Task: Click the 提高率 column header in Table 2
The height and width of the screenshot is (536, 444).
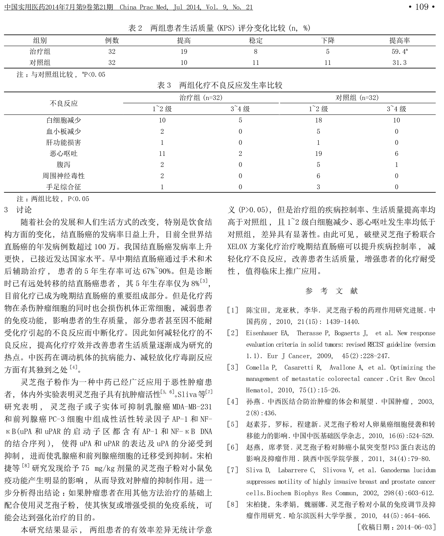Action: tap(399, 41)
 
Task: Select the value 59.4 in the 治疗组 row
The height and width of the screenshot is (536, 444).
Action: tap(399, 52)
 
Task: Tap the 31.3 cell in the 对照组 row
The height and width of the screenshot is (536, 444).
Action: tap(399, 63)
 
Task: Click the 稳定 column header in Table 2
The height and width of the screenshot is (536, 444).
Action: tap(255, 41)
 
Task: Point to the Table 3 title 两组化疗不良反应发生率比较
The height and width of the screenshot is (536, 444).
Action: tap(231, 85)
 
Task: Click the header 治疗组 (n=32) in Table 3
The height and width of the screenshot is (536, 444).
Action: tap(201, 98)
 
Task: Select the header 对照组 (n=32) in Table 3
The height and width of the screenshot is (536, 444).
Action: tap(357, 98)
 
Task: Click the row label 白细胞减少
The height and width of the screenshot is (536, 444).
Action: tap(64, 120)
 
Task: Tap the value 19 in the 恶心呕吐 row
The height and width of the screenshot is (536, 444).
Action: tap(318, 154)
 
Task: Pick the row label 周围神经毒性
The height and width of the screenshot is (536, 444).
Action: tap(64, 176)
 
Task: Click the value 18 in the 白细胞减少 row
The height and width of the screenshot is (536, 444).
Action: tap(318, 120)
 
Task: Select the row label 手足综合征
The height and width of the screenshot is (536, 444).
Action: tap(64, 187)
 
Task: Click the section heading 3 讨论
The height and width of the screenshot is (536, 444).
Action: tap(18, 210)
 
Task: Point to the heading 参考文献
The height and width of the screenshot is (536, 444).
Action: tap(331, 291)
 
